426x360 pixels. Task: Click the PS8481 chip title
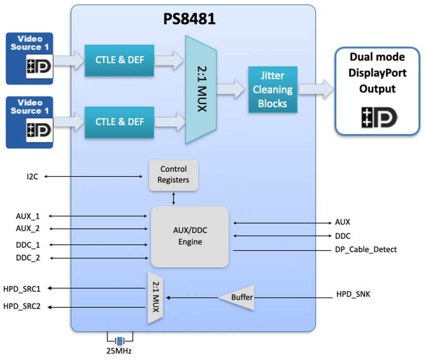click(189, 20)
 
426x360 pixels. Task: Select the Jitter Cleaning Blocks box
click(273, 90)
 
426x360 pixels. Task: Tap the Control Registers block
click(173, 175)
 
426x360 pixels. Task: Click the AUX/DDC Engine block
click(189, 237)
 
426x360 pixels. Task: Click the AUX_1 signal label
click(28, 216)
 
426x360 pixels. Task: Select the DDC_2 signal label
click(28, 258)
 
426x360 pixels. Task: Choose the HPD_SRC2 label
click(22, 306)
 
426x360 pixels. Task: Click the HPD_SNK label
click(353, 295)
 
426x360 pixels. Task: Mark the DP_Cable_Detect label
click(365, 250)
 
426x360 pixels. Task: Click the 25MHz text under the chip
click(120, 351)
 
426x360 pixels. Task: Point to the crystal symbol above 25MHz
click(120, 340)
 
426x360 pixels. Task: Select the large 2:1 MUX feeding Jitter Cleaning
click(201, 90)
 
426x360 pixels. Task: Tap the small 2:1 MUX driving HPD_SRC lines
click(155, 297)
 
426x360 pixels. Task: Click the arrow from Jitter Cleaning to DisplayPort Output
click(315, 89)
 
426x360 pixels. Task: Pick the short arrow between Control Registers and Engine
click(173, 198)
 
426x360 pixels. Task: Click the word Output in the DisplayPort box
click(377, 89)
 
